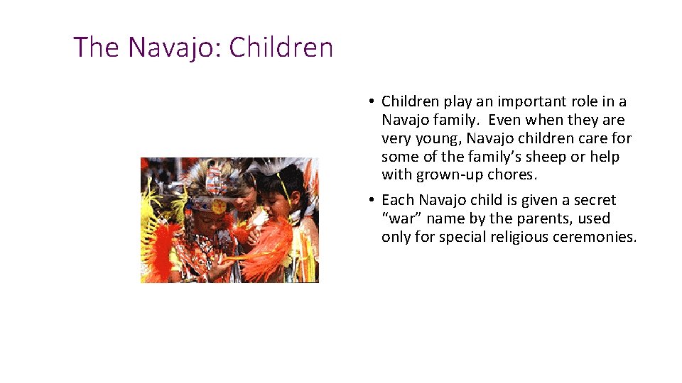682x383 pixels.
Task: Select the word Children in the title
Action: pyautogui.click(x=281, y=48)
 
